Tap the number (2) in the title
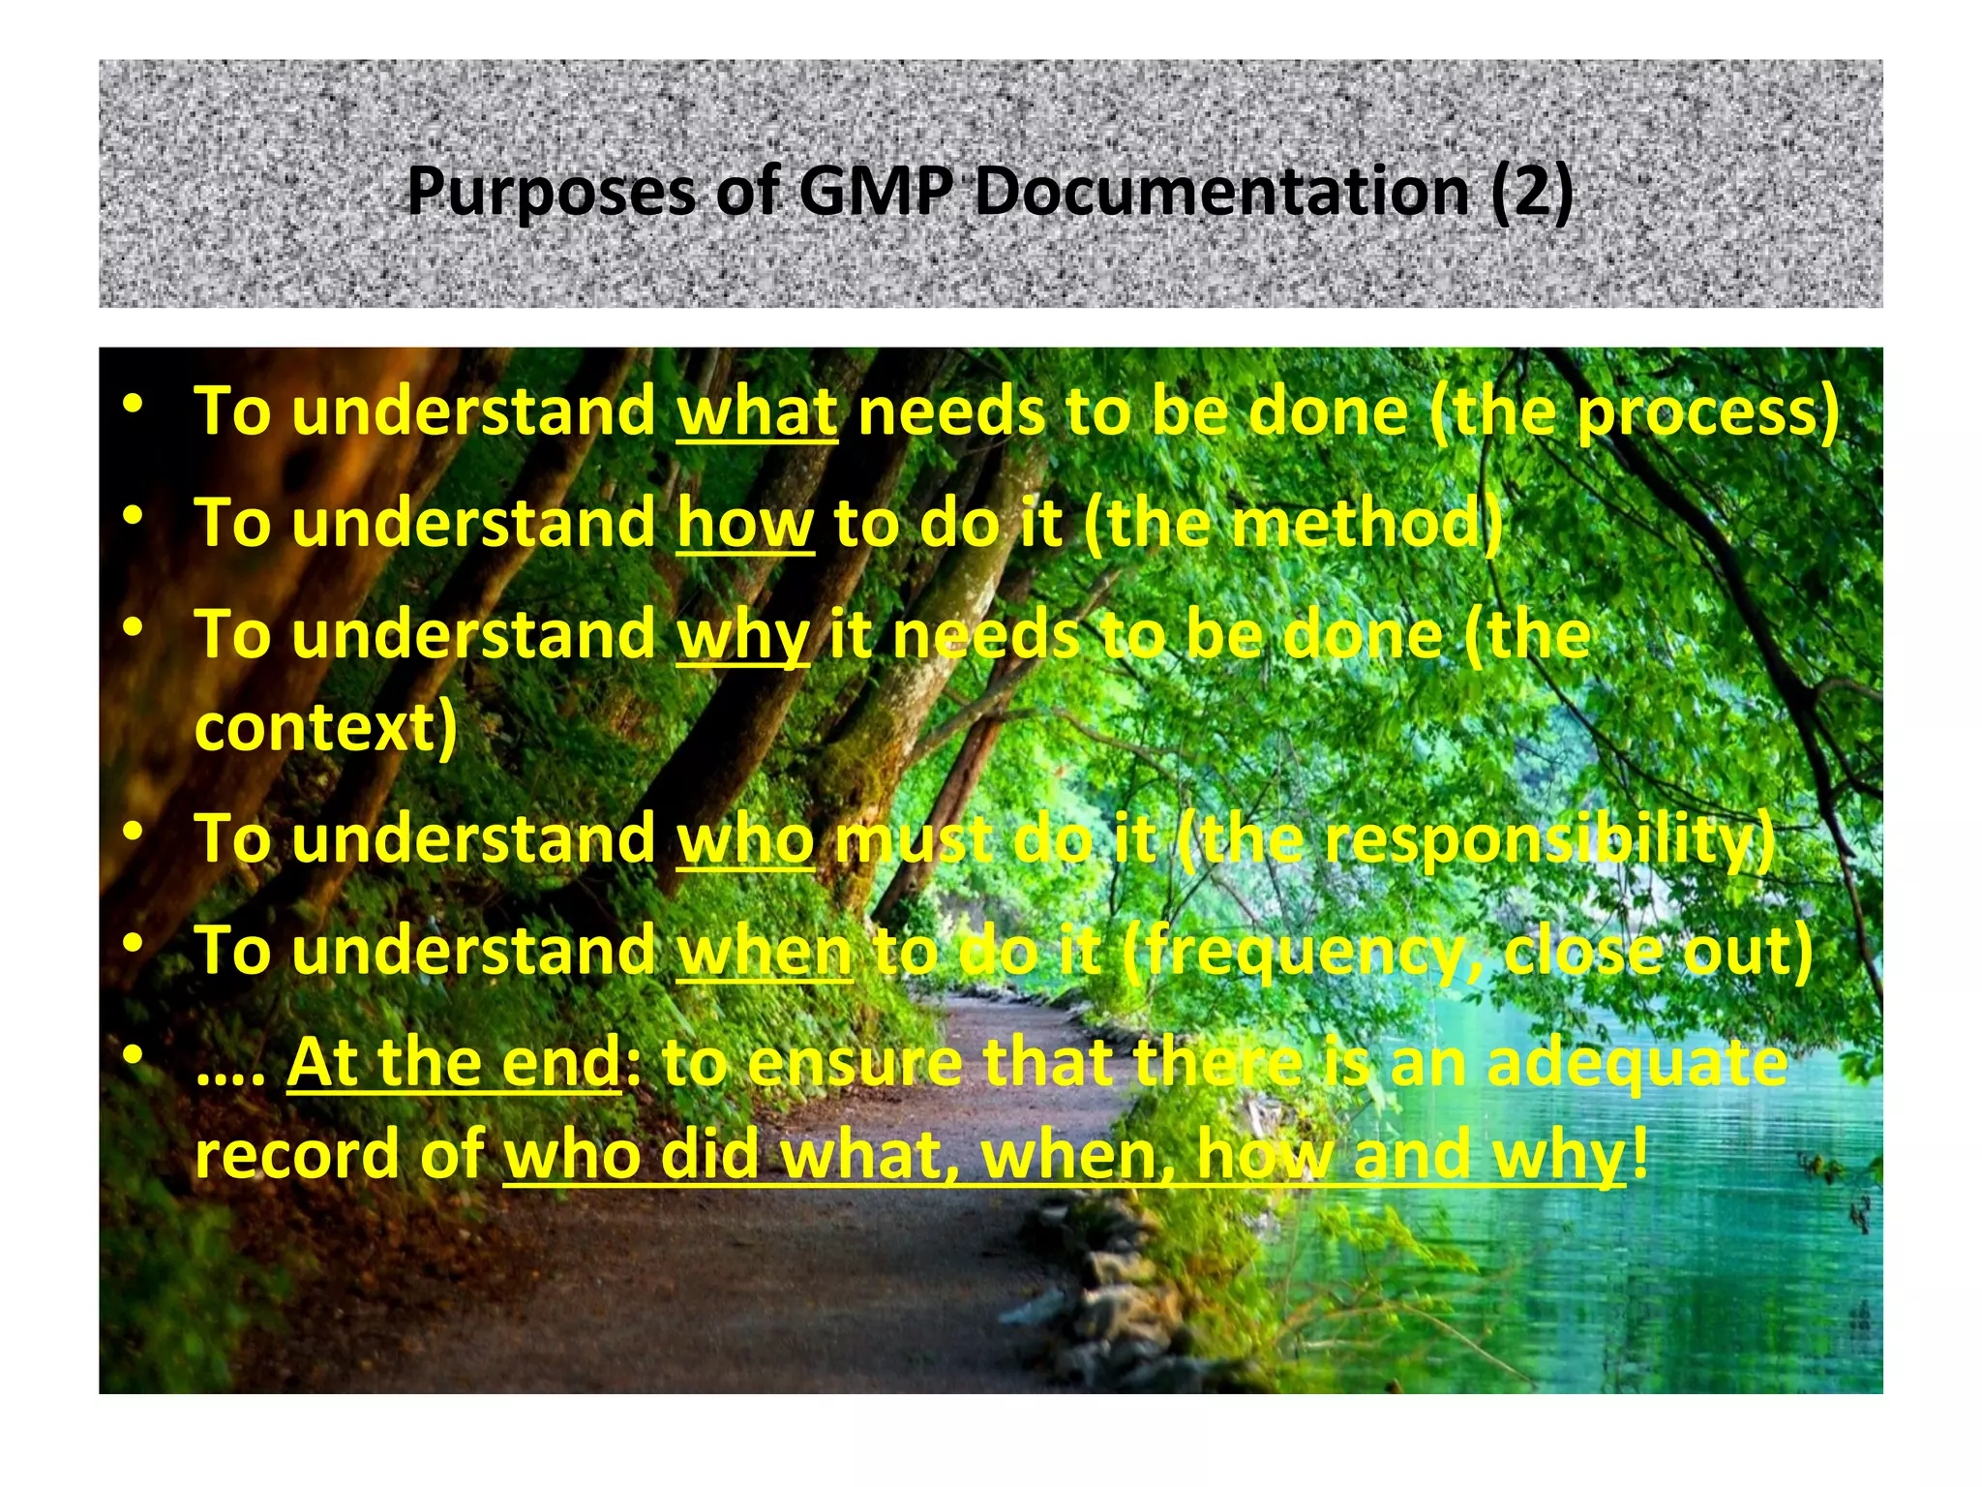1532,191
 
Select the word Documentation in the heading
1222,191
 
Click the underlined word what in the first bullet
757,412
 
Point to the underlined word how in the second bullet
745,524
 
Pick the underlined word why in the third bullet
742,637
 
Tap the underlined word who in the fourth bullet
745,838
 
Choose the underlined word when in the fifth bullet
765,951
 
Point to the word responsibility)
1549,838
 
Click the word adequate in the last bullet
1637,1062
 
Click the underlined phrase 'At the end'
454,1062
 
